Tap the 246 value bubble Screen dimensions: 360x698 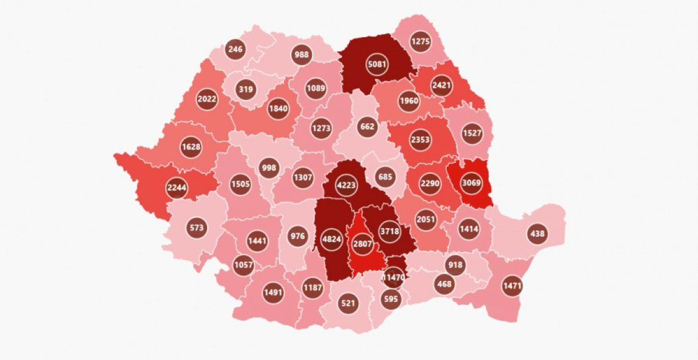click(235, 49)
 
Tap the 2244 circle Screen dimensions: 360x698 click(176, 187)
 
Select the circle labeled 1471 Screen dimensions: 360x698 click(512, 286)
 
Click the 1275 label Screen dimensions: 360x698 click(420, 41)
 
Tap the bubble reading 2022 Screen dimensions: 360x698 click(207, 99)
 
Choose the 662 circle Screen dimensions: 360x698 click(367, 126)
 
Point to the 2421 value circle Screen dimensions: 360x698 click(441, 85)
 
